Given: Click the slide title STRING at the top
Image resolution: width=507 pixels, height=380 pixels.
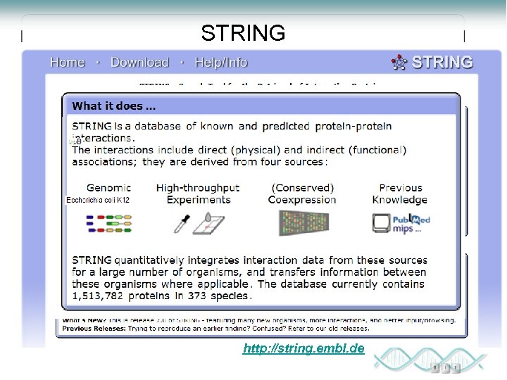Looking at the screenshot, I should click(x=243, y=33).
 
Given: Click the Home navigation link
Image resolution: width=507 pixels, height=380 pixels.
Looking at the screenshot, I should click(x=67, y=63).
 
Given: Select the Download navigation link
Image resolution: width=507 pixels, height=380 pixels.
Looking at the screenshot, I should click(x=139, y=63).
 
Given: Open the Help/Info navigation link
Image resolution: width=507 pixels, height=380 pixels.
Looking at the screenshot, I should click(x=220, y=63).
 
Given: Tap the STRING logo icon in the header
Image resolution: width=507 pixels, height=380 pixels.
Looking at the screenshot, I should click(x=399, y=63).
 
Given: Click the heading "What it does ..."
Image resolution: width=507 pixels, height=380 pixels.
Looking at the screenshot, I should click(x=114, y=106).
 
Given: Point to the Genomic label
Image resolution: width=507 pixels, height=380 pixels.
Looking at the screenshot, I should click(x=108, y=188).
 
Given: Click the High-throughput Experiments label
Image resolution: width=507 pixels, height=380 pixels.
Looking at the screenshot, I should click(x=198, y=194).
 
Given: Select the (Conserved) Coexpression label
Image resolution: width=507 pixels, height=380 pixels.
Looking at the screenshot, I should click(x=302, y=194).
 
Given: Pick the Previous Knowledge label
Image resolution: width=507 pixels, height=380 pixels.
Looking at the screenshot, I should click(x=400, y=194).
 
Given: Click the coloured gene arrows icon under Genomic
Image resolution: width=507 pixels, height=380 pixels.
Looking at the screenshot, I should click(x=109, y=223).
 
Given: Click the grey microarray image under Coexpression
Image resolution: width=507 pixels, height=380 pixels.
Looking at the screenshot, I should click(x=303, y=222).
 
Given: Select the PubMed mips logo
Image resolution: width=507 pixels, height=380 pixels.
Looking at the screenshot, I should click(x=401, y=222).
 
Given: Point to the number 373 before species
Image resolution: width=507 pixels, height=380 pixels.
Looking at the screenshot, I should click(x=195, y=296).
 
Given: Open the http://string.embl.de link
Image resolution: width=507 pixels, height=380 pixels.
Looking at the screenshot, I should click(x=303, y=348).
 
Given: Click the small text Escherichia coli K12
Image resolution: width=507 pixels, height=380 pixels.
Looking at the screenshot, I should click(x=98, y=200).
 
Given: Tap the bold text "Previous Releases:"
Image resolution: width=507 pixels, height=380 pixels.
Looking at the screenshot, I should click(x=92, y=329).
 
